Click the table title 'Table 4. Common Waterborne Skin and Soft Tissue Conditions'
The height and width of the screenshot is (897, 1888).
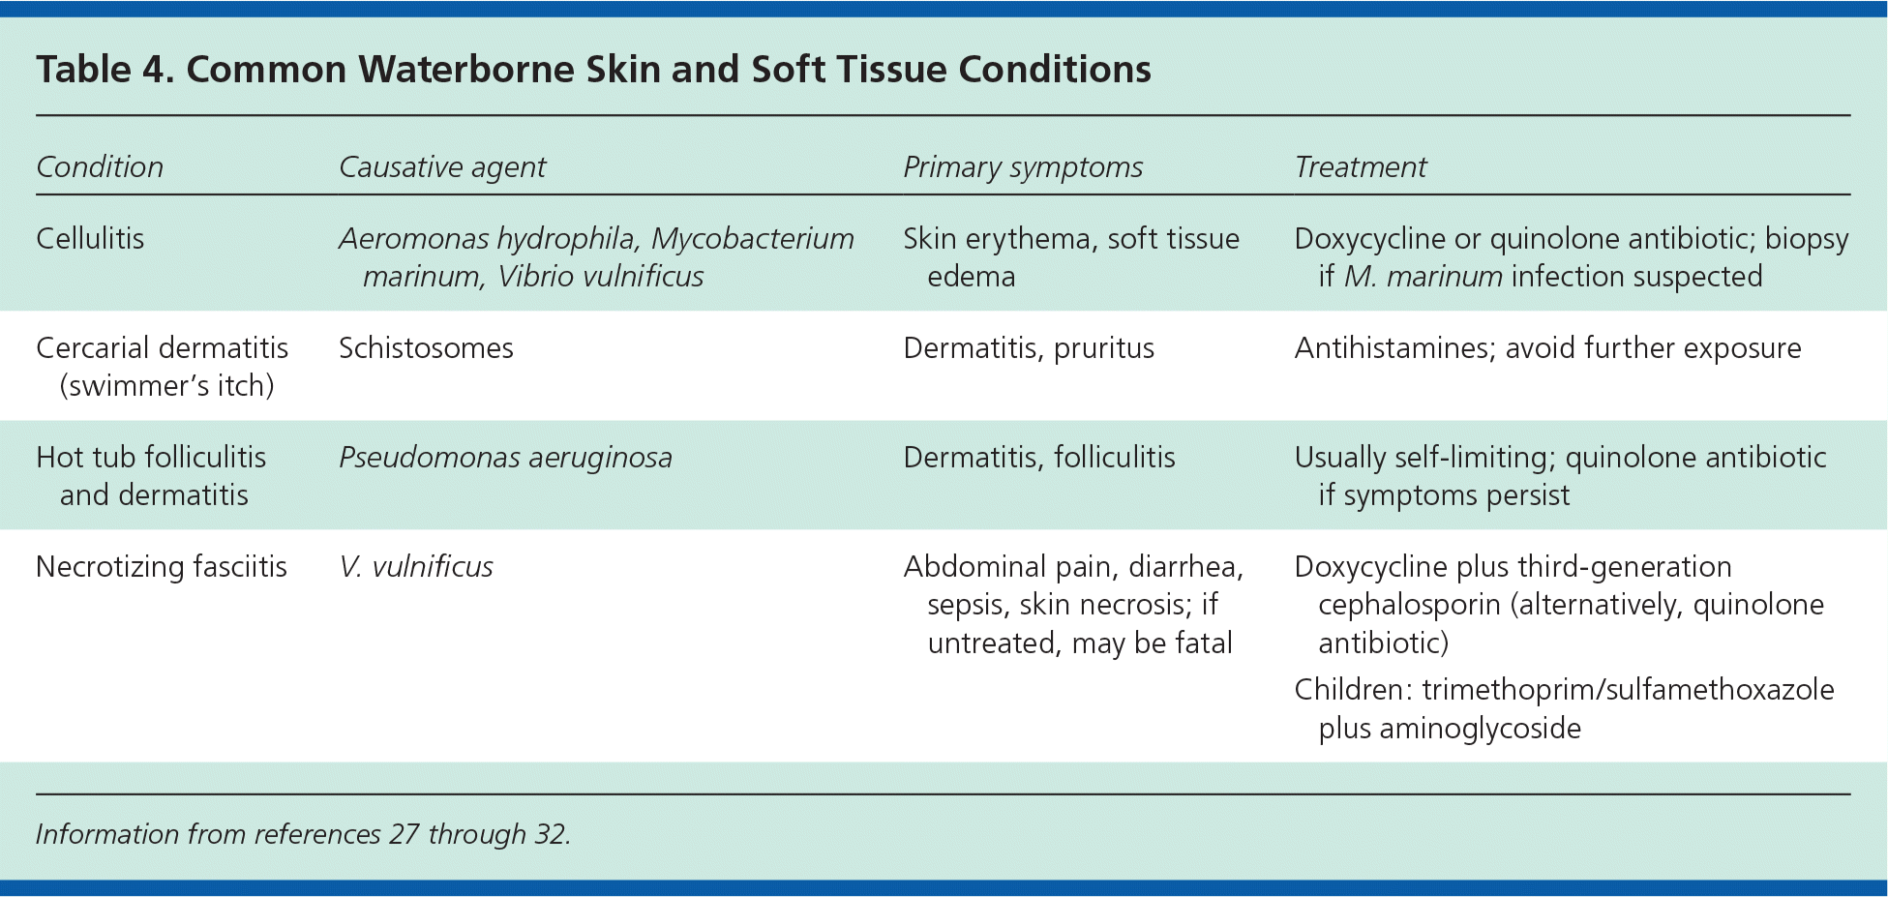(x=593, y=70)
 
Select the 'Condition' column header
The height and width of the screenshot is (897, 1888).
(x=100, y=166)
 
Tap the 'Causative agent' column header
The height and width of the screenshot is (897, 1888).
(x=442, y=167)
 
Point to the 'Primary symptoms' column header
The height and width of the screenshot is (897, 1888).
(x=1023, y=167)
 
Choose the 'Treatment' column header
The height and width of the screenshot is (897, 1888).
(x=1361, y=166)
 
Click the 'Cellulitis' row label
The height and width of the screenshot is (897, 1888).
(x=90, y=238)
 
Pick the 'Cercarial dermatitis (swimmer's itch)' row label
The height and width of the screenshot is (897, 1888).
(x=163, y=367)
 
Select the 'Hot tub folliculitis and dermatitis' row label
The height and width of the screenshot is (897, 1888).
(x=151, y=476)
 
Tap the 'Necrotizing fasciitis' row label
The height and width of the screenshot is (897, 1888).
(x=162, y=566)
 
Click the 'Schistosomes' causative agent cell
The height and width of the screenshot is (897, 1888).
(x=426, y=347)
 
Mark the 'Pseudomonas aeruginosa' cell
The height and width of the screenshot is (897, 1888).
(x=505, y=458)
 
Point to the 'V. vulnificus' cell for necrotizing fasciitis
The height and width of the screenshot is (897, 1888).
(x=416, y=566)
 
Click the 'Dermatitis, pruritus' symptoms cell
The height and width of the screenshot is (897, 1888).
(x=1029, y=348)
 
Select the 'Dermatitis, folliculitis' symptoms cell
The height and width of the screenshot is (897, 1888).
(x=1039, y=457)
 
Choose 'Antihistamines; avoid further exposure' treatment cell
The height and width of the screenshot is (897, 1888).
(x=1548, y=347)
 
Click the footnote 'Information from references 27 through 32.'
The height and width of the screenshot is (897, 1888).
(x=304, y=834)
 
